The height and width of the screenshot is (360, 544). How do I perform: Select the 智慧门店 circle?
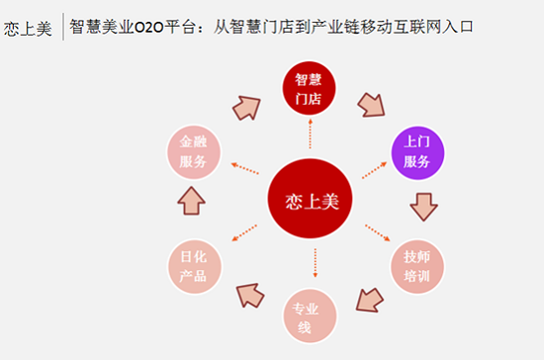coord(310,88)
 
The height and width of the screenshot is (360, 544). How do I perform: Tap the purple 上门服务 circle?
coord(416,153)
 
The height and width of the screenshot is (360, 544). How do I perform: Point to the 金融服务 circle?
coord(194,153)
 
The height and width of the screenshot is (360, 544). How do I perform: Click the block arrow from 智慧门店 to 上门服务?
coord(370,104)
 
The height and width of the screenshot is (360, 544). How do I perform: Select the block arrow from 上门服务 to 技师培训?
coord(423,207)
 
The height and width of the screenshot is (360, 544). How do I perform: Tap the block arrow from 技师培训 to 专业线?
coord(369,298)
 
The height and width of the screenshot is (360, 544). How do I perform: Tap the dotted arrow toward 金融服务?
coord(244,168)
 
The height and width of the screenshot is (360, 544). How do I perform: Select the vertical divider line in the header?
coord(62,27)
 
